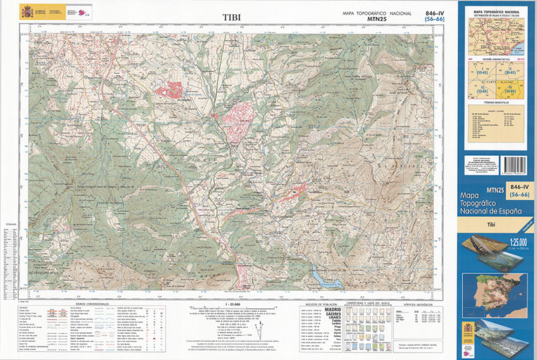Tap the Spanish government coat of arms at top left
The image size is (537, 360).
[x=27, y=12]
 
